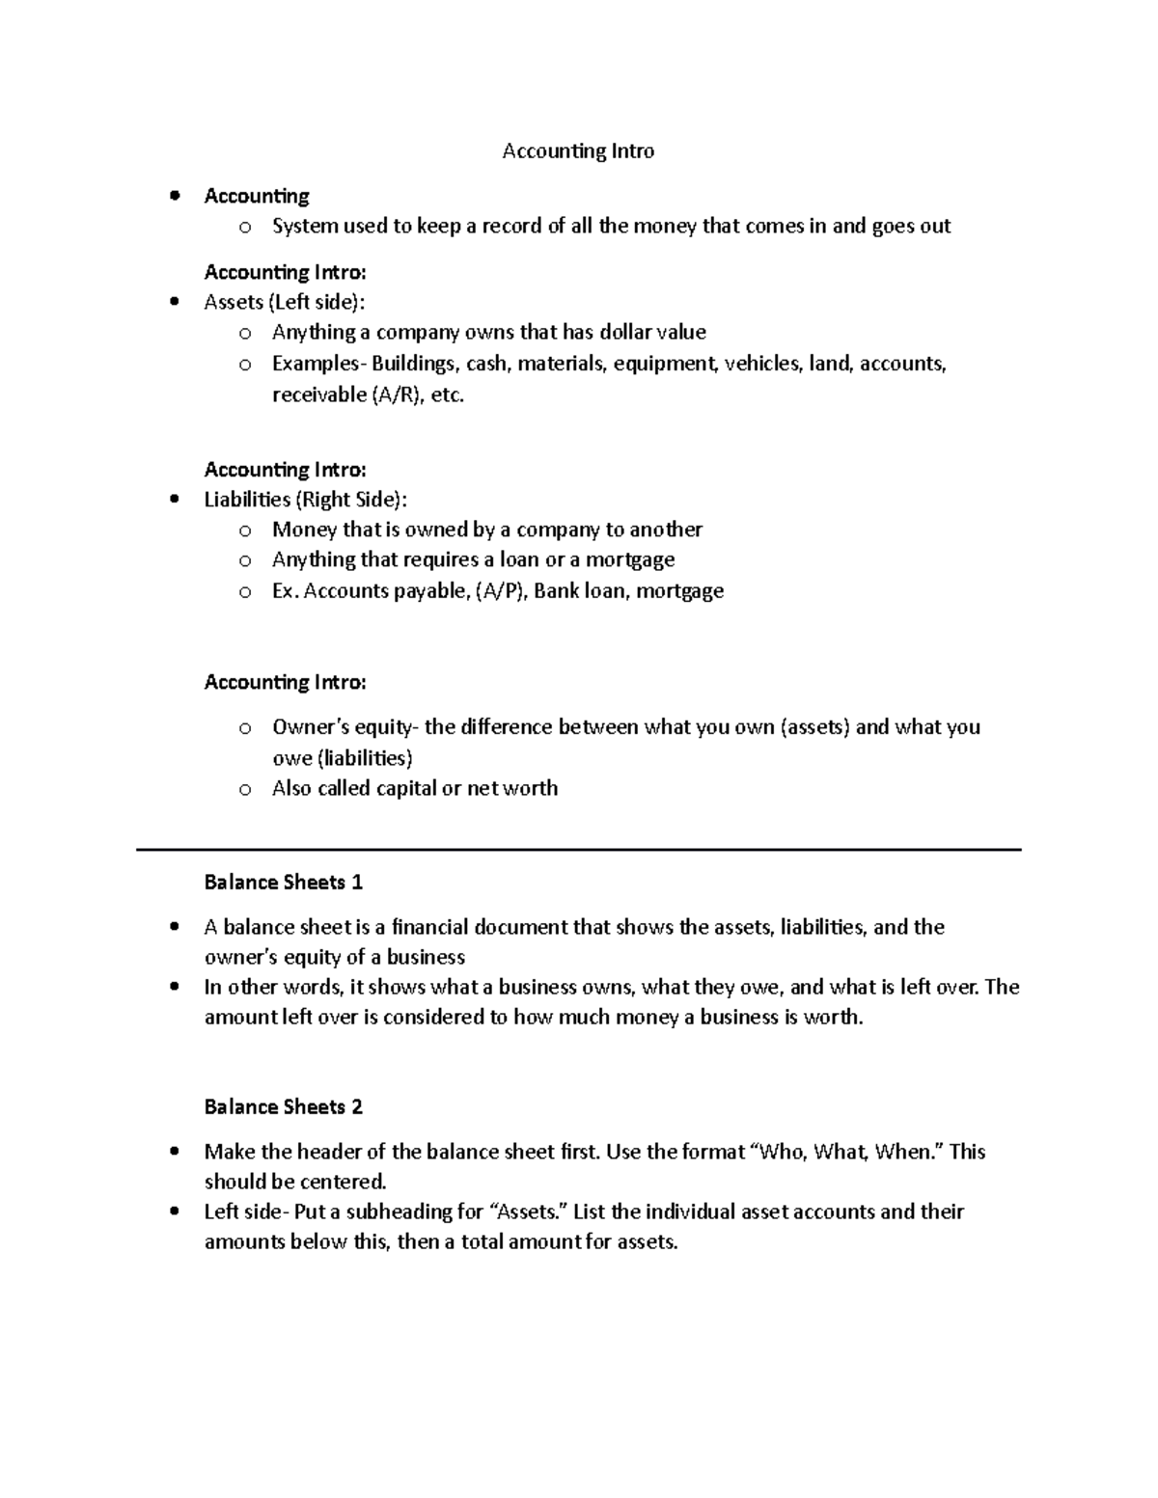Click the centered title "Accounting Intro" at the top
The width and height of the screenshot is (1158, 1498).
[578, 151]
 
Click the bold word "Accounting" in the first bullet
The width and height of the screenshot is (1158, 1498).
[257, 197]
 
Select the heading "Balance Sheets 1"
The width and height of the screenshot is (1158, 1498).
[283, 882]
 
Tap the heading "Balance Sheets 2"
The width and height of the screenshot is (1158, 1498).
[283, 1106]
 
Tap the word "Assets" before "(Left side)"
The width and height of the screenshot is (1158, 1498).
[233, 302]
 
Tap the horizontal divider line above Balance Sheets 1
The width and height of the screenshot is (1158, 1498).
[579, 850]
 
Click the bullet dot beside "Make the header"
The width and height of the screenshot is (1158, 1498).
[174, 1152]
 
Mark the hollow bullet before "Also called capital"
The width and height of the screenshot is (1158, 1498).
[245, 789]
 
